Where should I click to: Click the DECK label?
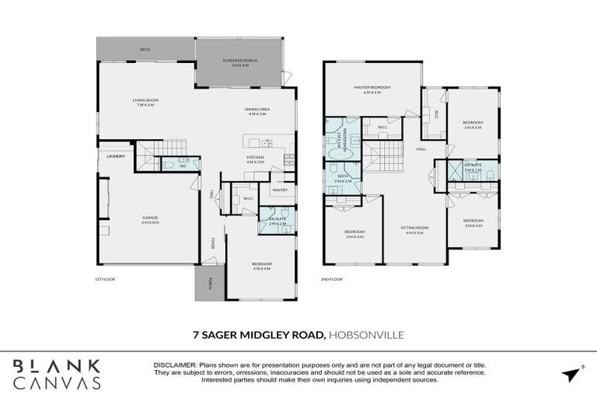[145, 50]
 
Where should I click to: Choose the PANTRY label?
[280, 190]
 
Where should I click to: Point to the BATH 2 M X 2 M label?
[343, 180]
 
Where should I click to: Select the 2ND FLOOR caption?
[332, 278]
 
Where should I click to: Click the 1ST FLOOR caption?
[104, 278]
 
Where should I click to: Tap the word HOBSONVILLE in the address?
[367, 335]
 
